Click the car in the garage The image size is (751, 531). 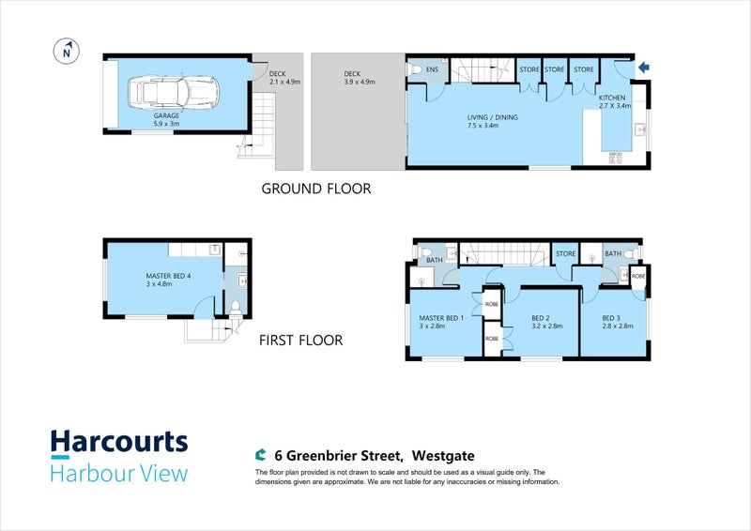point(174,92)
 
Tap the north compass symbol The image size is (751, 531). point(67,52)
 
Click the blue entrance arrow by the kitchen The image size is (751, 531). point(644,68)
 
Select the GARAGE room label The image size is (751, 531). point(166,115)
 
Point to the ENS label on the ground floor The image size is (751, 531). point(432,69)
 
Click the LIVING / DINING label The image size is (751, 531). point(492,117)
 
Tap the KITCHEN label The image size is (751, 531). point(612,98)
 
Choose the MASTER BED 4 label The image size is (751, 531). point(168,276)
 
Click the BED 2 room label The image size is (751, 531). point(541,318)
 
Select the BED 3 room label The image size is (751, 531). point(611,318)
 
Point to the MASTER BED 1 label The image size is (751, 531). point(441,318)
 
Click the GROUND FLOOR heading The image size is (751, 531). point(316,189)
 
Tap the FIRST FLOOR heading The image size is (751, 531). point(300,341)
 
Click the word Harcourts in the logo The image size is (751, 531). point(119,442)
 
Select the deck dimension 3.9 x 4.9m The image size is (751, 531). point(360,82)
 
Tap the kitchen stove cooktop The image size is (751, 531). point(616,158)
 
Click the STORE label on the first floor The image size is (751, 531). point(566,253)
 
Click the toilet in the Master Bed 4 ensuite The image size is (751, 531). point(236,308)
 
